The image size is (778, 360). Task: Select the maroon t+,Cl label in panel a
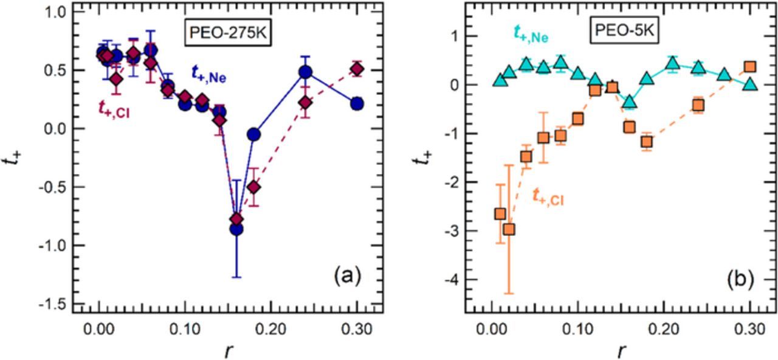pos(116,108)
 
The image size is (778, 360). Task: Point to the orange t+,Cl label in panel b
pos(548,196)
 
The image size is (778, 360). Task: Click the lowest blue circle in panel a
pos(236,228)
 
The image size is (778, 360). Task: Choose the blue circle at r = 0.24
pos(305,72)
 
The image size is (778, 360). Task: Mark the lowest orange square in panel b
pos(509,229)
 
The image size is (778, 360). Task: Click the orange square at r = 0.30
pos(750,66)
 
